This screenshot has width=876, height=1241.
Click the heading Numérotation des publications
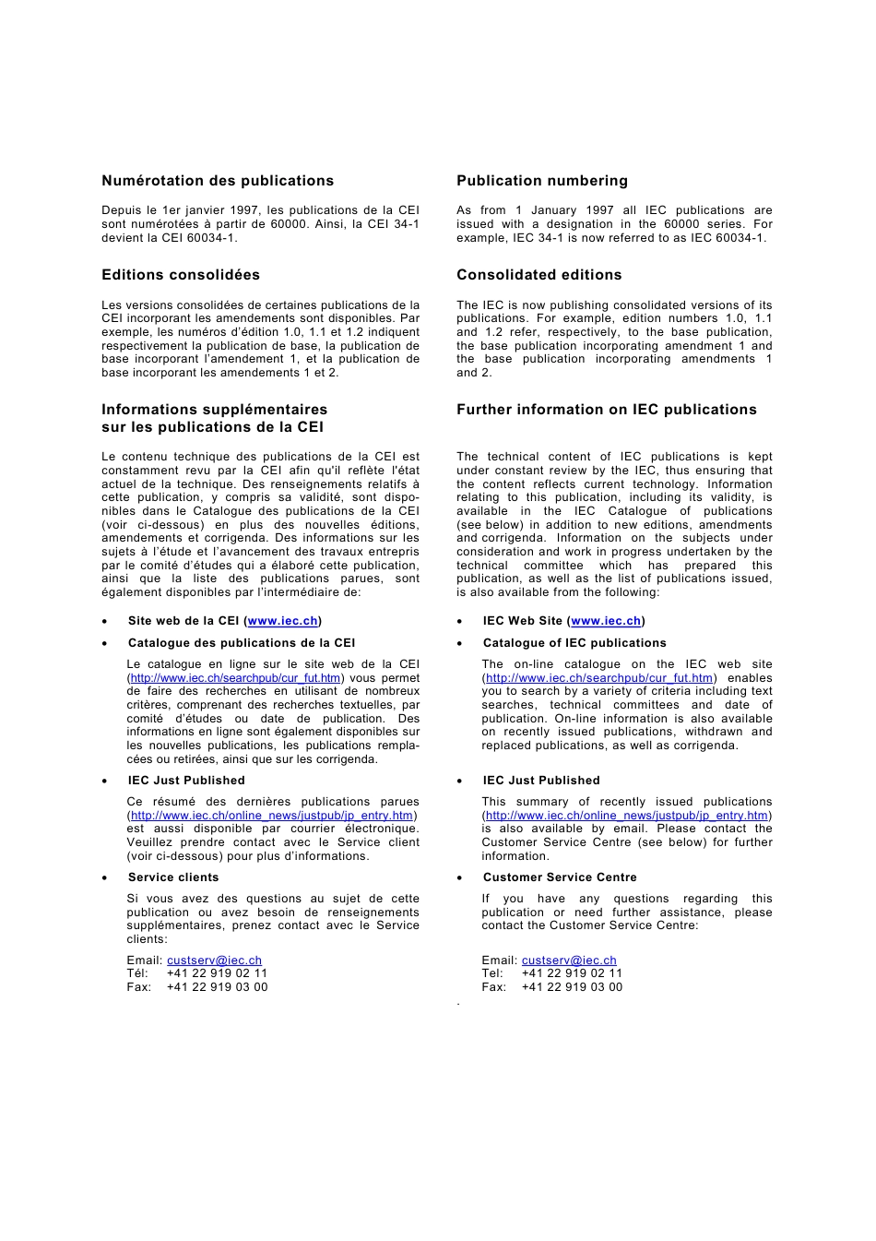click(218, 181)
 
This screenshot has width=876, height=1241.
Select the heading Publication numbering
click(541, 181)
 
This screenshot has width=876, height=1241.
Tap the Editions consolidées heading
click(181, 275)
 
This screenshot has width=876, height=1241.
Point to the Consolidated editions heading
click(539, 275)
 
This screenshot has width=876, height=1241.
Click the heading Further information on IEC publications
click(606, 410)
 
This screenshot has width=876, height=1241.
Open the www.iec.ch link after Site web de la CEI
click(282, 621)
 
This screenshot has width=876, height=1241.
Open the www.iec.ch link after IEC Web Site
click(606, 621)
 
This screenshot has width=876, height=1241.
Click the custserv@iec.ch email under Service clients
click(214, 961)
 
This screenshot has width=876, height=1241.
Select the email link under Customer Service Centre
click(569, 961)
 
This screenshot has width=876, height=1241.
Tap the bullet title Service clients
click(173, 877)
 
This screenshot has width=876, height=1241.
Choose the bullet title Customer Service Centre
click(560, 877)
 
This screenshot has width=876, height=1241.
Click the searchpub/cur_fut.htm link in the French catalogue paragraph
click(235, 678)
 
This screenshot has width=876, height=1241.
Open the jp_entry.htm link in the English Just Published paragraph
click(627, 816)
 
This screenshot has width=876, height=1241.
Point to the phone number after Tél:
click(217, 973)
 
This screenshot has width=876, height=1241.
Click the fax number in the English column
click(572, 987)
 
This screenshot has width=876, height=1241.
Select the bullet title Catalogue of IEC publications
click(574, 643)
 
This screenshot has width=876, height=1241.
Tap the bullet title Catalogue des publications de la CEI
click(241, 643)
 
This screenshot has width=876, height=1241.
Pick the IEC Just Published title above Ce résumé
click(186, 781)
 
